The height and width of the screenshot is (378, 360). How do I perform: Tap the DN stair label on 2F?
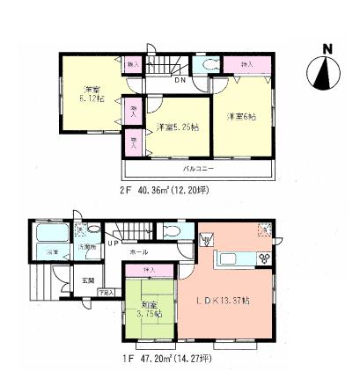tap(179, 82)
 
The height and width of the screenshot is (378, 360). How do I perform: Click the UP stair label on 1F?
tap(114, 243)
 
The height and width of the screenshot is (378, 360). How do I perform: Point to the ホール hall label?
tap(139, 251)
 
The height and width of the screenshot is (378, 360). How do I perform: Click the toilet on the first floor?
tap(173, 232)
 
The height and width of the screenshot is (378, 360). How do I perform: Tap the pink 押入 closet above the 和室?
tap(147, 268)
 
